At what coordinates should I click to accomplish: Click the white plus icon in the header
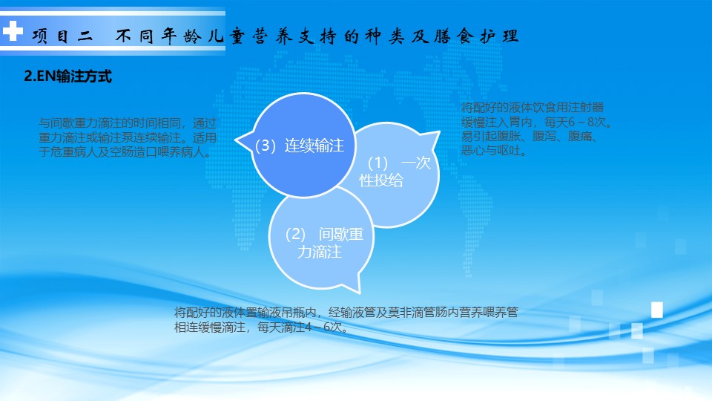13,31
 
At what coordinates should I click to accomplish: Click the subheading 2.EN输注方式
67,76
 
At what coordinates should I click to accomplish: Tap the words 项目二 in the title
62,36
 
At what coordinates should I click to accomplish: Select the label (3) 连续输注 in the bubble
299,146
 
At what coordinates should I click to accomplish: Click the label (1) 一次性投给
395,172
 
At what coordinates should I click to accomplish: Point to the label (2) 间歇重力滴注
324,243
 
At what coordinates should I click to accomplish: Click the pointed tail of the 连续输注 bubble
236,140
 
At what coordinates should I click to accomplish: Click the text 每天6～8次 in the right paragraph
575,122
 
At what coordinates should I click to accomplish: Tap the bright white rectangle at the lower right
657,310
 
